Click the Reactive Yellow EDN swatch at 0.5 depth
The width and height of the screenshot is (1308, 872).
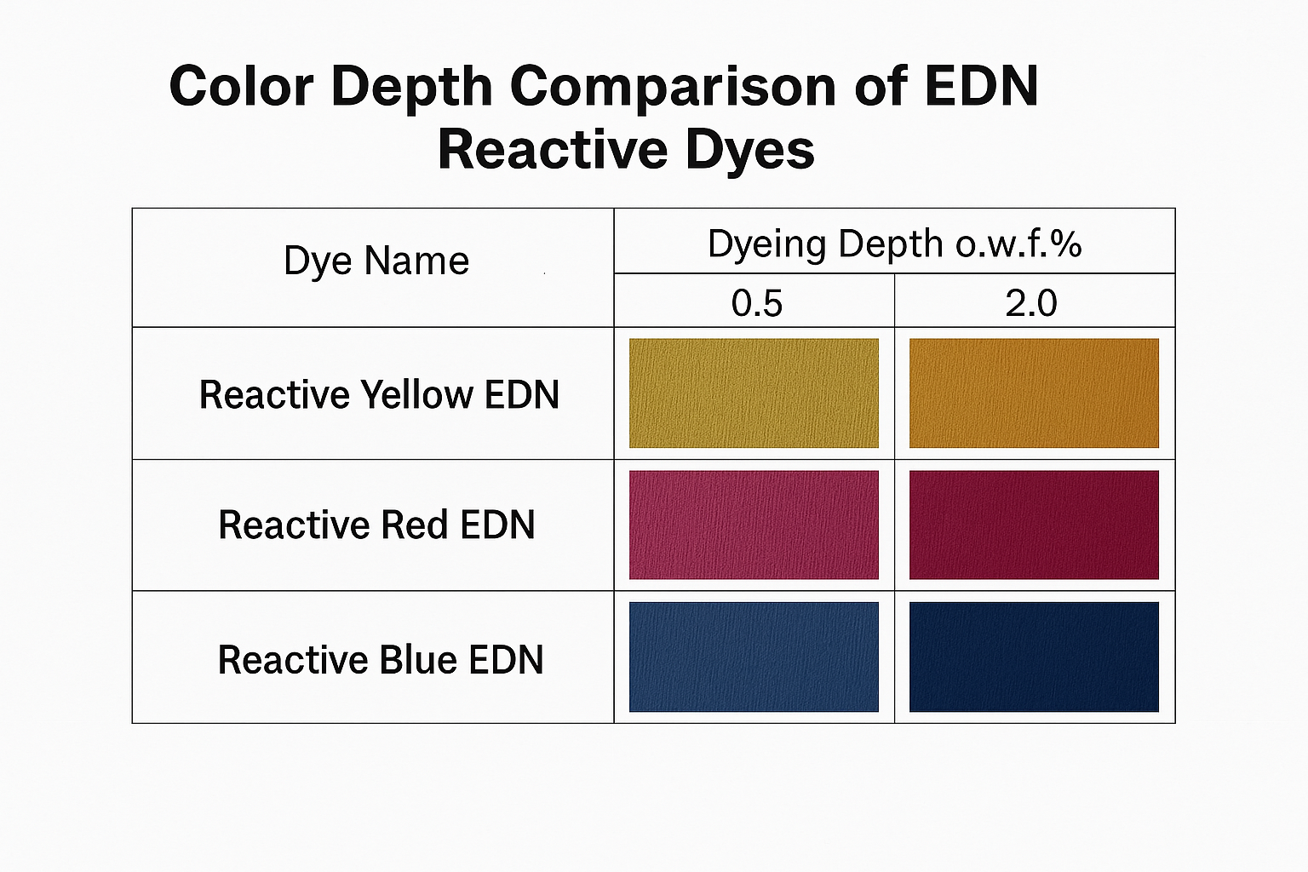click(754, 393)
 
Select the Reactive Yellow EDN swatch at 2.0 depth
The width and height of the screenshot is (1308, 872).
click(1034, 393)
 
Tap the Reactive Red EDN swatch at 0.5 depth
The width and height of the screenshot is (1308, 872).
click(754, 525)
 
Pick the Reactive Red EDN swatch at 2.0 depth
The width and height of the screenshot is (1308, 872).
click(1034, 525)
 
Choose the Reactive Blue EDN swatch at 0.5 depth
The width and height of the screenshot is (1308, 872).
click(754, 657)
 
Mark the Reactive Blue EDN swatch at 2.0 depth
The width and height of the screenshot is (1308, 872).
click(1034, 657)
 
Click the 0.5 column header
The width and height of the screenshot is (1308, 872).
click(756, 303)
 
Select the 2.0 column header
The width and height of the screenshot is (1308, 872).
click(1030, 303)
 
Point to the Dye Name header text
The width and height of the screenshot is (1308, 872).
click(376, 261)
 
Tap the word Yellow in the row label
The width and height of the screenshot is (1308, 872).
click(416, 395)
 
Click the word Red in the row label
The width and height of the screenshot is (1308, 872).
click(415, 525)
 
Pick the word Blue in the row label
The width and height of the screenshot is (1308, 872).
click(418, 660)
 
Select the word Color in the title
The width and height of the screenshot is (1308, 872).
click(242, 87)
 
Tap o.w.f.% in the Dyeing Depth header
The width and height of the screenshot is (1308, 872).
click(1018, 244)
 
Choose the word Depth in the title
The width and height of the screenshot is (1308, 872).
click(411, 87)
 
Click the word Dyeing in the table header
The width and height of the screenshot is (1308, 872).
click(767, 245)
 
